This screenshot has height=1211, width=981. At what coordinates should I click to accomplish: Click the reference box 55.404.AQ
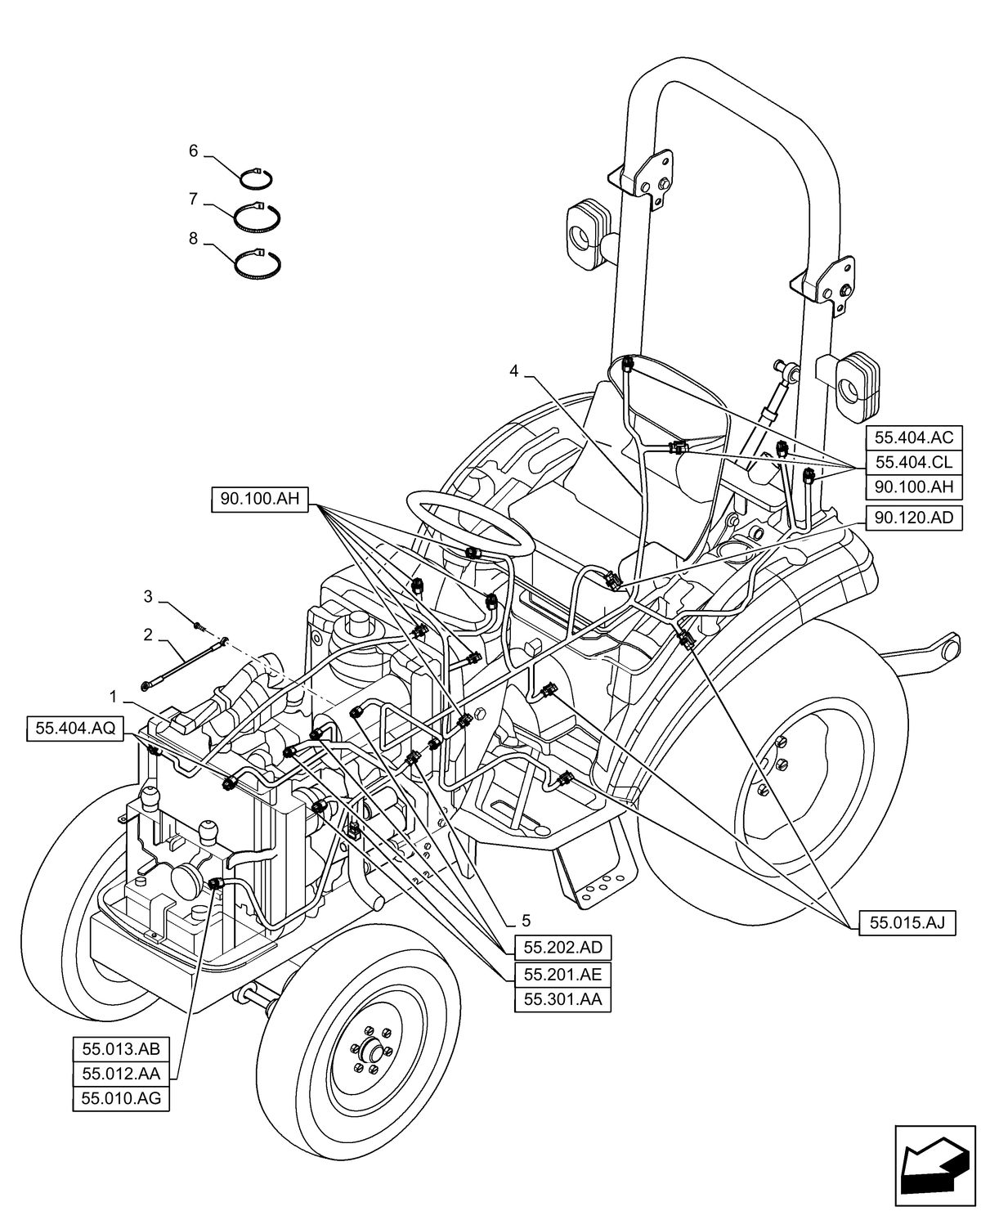75,729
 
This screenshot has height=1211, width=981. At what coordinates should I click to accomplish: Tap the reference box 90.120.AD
913,518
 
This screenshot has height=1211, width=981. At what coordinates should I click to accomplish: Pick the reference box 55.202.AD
562,948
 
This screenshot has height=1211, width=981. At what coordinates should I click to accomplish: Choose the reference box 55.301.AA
562,999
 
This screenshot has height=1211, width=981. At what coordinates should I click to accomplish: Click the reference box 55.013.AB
121,1049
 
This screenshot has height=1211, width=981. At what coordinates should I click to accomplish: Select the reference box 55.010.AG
121,1099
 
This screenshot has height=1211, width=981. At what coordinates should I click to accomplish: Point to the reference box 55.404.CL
913,462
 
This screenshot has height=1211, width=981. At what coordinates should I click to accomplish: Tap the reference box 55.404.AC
913,437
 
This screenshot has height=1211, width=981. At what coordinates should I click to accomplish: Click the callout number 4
513,370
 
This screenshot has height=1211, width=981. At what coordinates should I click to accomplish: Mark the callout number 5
526,918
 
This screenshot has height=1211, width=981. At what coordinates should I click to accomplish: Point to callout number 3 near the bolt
148,597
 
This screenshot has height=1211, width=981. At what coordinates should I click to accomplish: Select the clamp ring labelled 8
258,263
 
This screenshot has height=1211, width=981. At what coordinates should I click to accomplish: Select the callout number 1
114,697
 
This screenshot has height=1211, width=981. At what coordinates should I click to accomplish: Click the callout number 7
194,199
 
